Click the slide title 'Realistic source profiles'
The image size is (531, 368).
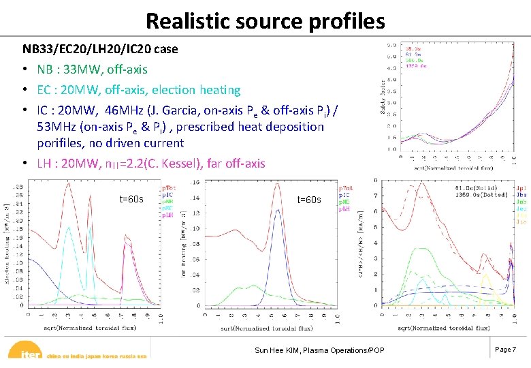(x=265, y=20)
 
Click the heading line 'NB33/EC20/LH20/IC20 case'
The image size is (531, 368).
(x=100, y=49)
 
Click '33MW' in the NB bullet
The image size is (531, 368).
(x=80, y=70)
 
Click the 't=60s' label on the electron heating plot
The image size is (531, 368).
(x=131, y=199)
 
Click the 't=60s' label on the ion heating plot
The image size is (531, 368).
(x=309, y=200)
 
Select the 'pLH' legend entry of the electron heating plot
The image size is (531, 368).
(x=166, y=215)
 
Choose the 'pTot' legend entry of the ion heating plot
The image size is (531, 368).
(x=345, y=188)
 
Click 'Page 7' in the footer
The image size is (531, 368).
(x=505, y=349)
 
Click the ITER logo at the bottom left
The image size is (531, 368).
(x=26, y=354)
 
